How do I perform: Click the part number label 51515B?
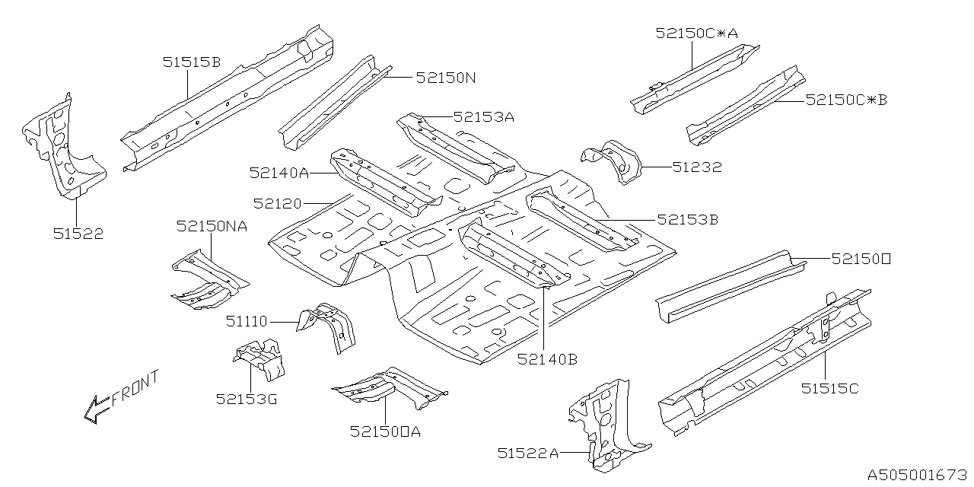pyautogui.click(x=191, y=62)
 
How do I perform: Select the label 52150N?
pyautogui.click(x=446, y=78)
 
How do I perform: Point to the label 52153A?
pyautogui.click(x=484, y=117)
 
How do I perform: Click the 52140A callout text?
pyautogui.click(x=279, y=173)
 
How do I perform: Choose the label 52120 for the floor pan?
pyautogui.click(x=278, y=204)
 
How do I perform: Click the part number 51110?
pyautogui.click(x=246, y=322)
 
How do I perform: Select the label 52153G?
pyautogui.click(x=246, y=398)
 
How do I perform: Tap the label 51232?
pyautogui.click(x=696, y=167)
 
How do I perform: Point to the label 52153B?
pyautogui.click(x=688, y=220)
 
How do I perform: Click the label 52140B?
pyautogui.click(x=547, y=359)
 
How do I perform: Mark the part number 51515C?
pyautogui.click(x=829, y=389)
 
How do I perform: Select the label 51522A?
pyautogui.click(x=528, y=454)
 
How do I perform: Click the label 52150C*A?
pyautogui.click(x=696, y=33)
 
